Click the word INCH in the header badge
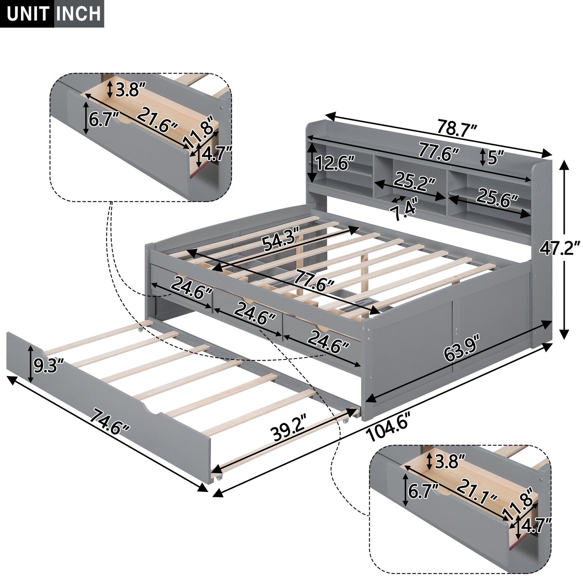pyautogui.click(x=79, y=14)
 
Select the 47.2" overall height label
pyautogui.click(x=560, y=248)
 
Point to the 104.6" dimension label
pyautogui.click(x=388, y=427)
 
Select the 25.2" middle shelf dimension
pyautogui.click(x=414, y=181)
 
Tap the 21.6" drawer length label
pyautogui.click(x=157, y=120)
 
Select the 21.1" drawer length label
pyautogui.click(x=477, y=491)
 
